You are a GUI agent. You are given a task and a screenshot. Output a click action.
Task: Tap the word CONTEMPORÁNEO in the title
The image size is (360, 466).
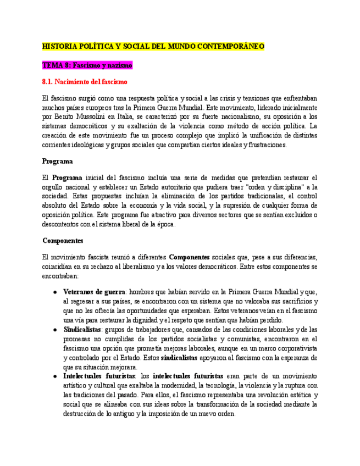(x=230, y=46)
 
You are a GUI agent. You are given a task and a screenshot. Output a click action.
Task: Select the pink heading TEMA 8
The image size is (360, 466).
(x=87, y=65)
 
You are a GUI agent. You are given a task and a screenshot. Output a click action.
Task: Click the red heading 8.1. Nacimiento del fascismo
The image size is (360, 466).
(x=85, y=82)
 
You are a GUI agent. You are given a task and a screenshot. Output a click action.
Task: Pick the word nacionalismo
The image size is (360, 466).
(x=230, y=116)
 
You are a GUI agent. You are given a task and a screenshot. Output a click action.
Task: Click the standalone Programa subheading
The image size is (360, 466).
(x=58, y=162)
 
